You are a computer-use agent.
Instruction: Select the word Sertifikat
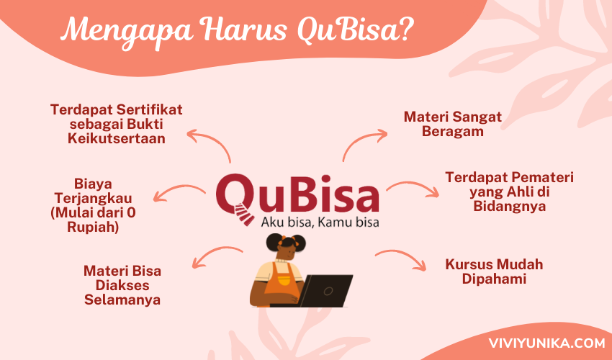click(149, 109)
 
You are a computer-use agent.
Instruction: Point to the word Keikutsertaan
click(117, 139)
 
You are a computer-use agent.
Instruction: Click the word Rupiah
click(93, 228)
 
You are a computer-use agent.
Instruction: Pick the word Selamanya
click(122, 300)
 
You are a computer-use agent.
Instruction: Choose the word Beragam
click(452, 132)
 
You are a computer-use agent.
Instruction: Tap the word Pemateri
click(541, 177)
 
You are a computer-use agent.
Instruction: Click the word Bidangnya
click(509, 207)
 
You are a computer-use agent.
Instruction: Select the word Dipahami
click(494, 279)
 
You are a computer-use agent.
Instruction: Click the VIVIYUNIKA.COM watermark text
click(546, 343)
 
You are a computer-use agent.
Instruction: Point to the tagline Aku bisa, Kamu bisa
click(320, 222)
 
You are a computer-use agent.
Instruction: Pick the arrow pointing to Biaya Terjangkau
click(178, 189)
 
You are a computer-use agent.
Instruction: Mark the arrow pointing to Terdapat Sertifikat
click(215, 140)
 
